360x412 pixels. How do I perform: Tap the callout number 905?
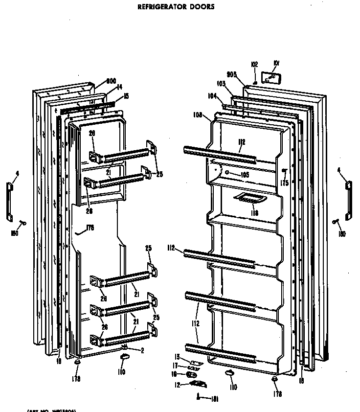pyautogui.click(x=232, y=74)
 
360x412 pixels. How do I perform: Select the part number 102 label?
pyautogui.click(x=254, y=65)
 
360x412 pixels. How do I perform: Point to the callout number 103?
pyautogui.click(x=221, y=84)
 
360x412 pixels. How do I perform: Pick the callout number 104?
pyautogui.click(x=212, y=96)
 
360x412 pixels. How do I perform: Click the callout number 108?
pyautogui.click(x=198, y=116)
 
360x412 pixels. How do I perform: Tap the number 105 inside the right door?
pyautogui.click(x=245, y=175)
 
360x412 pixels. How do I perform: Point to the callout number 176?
pyautogui.click(x=90, y=228)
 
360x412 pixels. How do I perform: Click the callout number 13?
pyautogui.click(x=178, y=357)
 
